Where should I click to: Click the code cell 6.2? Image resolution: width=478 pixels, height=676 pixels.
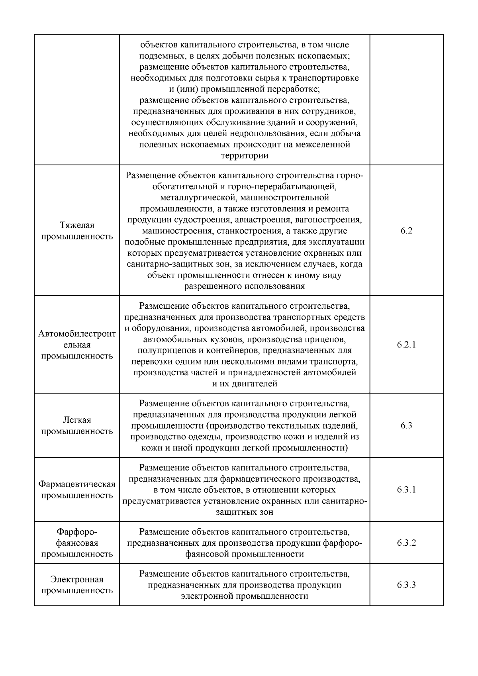click(406, 231)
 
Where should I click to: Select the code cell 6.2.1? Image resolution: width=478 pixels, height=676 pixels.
click(406, 345)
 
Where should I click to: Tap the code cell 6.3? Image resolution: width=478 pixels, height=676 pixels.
click(406, 425)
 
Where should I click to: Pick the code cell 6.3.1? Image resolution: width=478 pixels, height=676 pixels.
click(406, 490)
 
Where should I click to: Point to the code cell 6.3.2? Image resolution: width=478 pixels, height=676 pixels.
click(406, 543)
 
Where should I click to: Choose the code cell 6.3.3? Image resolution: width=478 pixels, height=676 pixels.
click(406, 585)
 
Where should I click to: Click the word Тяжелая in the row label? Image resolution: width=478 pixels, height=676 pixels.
click(77, 225)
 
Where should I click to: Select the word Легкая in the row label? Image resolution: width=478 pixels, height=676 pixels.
click(77, 420)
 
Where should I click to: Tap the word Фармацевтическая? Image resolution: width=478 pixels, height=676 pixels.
click(77, 484)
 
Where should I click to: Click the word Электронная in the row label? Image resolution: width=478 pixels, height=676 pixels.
click(77, 579)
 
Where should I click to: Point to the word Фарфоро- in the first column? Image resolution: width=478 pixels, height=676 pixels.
click(77, 532)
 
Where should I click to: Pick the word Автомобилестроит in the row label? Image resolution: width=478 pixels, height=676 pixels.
click(77, 334)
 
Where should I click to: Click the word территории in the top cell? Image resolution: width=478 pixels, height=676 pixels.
click(244, 156)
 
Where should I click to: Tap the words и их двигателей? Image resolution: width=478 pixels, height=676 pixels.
click(244, 384)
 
